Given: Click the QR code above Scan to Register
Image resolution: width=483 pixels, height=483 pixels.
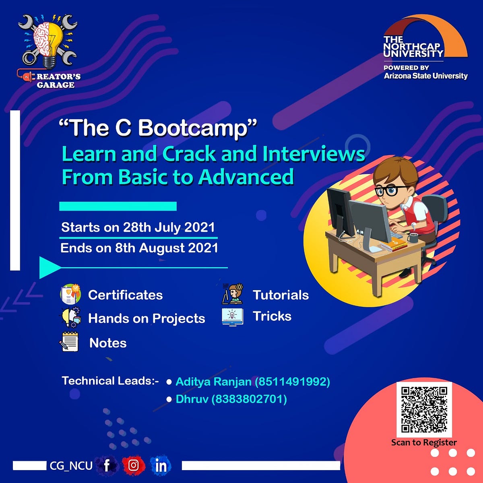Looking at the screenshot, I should pos(424,409).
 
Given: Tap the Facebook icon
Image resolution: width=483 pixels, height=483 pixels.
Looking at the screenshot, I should pos(107,466).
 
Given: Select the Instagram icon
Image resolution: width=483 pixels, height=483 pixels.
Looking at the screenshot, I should pos(133,466).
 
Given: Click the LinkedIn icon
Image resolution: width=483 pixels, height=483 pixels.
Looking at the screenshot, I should pos(161,466).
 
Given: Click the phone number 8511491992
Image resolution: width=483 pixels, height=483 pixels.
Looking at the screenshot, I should pos(293,382).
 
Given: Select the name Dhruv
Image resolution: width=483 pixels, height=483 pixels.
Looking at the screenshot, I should pos(192,399).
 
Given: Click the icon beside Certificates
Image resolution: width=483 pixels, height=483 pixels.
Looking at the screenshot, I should pos(70,294).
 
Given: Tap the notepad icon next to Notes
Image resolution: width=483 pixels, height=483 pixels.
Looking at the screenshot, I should pos(69,342).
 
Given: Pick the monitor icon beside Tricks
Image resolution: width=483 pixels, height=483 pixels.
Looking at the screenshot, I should pos(232,316).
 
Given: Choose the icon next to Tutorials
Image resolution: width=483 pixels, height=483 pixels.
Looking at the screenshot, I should pos(232,294).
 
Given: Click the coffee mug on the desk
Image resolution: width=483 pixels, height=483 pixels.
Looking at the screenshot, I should pos(413,237).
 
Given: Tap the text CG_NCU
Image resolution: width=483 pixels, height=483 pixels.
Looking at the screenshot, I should pos(71,466).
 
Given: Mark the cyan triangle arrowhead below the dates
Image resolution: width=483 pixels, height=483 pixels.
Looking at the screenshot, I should pos(48,268).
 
